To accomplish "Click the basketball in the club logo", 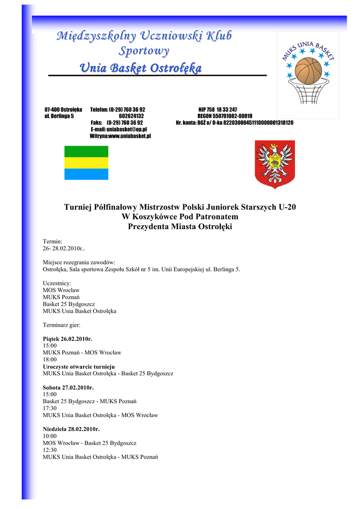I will click(309, 71).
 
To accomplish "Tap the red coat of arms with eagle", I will click(274, 162).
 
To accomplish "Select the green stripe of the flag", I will click(87, 151).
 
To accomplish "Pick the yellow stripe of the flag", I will click(87, 163).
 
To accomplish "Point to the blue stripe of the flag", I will click(87, 174).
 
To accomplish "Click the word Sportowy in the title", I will click(144, 51).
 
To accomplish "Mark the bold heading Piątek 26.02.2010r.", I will click(68, 339).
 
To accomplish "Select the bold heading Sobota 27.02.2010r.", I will click(68, 387).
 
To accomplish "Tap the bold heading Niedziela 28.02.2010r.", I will click(71, 429).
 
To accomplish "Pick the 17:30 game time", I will click(50, 408).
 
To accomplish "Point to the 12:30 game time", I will click(50, 450).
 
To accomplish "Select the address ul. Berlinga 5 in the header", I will click(59, 116).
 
